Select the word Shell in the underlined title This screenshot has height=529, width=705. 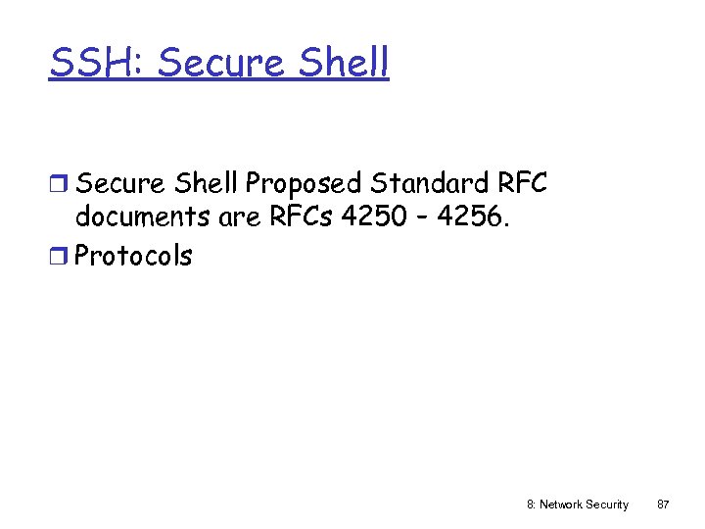349,63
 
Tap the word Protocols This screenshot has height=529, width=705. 134,256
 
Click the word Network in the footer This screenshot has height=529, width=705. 560,505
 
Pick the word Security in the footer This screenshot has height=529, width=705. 607,505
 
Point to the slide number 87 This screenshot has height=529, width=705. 663,505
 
